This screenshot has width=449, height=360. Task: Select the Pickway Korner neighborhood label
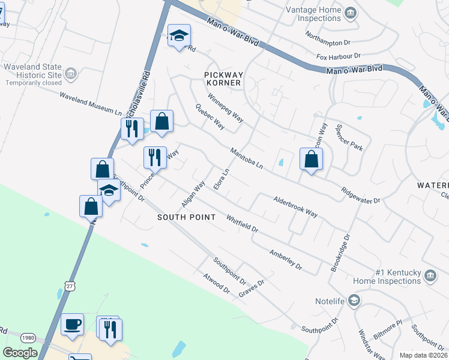[222, 78]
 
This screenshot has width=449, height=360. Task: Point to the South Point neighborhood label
[186, 217]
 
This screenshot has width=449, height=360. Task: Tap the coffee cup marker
[73, 325]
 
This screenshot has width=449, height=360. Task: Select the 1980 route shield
[28, 337]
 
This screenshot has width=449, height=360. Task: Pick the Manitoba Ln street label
[246, 158]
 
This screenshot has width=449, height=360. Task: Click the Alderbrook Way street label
[295, 205]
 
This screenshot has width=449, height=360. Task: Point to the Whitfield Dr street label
[242, 224]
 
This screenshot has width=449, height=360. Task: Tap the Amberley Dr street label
[285, 258]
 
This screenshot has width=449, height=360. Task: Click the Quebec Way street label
[210, 117]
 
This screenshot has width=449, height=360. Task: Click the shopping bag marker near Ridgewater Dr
[311, 160]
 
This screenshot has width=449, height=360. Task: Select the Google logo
[20, 353]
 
